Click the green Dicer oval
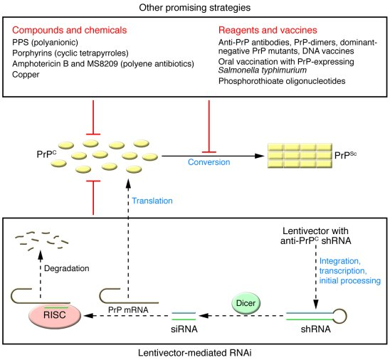point(246,303)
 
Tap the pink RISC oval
point(55,315)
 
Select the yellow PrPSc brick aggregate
point(300,156)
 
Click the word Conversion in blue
point(209,162)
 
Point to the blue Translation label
point(152,201)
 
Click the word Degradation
point(67,268)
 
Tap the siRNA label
point(184,329)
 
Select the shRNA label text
point(316,329)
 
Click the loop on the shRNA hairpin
point(339,316)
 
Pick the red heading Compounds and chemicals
point(70,30)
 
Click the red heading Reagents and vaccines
point(268,30)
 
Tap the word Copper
point(26,75)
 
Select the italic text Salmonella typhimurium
point(263,70)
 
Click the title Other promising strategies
point(195,7)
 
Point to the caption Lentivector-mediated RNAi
point(195,353)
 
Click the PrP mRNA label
point(128,309)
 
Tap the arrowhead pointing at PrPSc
point(260,156)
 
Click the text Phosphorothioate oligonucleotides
point(282,81)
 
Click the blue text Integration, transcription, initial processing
point(350,271)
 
